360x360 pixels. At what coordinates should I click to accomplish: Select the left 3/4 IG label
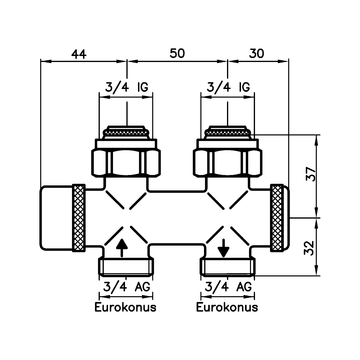(x=124, y=86)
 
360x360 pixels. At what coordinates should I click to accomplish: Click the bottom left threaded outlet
(x=124, y=267)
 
